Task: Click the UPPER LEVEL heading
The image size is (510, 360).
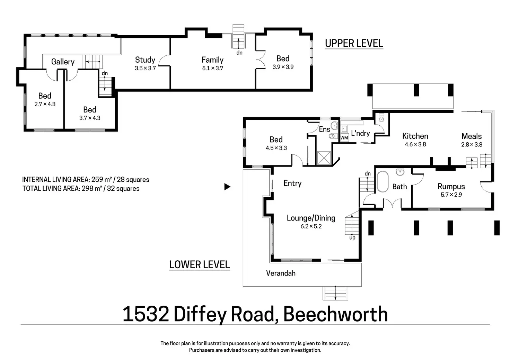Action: (354, 43)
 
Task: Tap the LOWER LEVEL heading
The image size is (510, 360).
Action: (200, 264)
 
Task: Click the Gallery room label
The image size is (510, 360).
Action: (63, 62)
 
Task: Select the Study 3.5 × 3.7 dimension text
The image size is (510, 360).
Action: (145, 69)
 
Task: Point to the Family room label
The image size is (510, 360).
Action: (212, 60)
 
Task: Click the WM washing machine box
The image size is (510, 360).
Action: (344, 137)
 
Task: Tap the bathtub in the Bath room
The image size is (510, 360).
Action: (383, 181)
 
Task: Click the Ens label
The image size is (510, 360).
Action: (324, 129)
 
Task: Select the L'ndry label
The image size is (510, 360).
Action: (360, 133)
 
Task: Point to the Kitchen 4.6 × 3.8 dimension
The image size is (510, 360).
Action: (415, 144)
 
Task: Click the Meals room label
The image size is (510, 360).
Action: (472, 136)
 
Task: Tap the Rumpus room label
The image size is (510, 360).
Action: (451, 187)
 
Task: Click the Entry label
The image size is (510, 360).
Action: (292, 183)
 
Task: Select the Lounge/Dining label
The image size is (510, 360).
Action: (311, 218)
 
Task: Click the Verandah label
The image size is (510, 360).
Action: (281, 273)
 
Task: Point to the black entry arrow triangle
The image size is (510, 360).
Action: (227, 187)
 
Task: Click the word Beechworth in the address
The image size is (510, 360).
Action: (335, 314)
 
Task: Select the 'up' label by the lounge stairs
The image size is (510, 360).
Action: (352, 238)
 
